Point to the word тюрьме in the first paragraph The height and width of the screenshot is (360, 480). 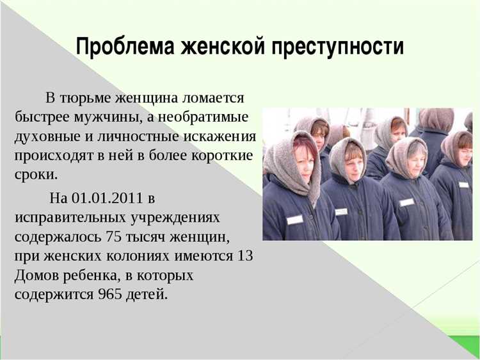85,99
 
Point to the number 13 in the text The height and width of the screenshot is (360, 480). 245,256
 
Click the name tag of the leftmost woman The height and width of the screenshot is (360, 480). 295,219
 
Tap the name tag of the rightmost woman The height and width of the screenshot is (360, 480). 464,185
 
